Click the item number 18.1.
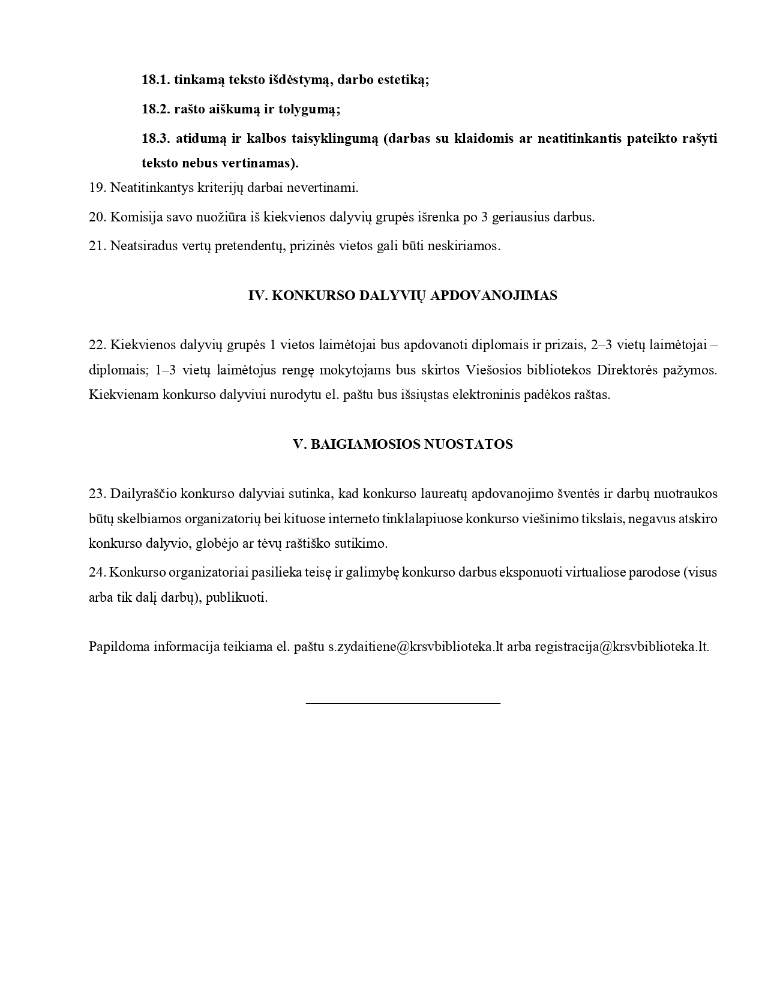[x=156, y=80]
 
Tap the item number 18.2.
[x=156, y=109]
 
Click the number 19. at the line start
[x=97, y=187]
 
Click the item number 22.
[x=97, y=345]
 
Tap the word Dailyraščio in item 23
[x=143, y=494]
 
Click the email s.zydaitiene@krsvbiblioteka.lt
[x=415, y=647]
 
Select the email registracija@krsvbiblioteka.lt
[x=622, y=647]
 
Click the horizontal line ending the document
[x=403, y=703]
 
